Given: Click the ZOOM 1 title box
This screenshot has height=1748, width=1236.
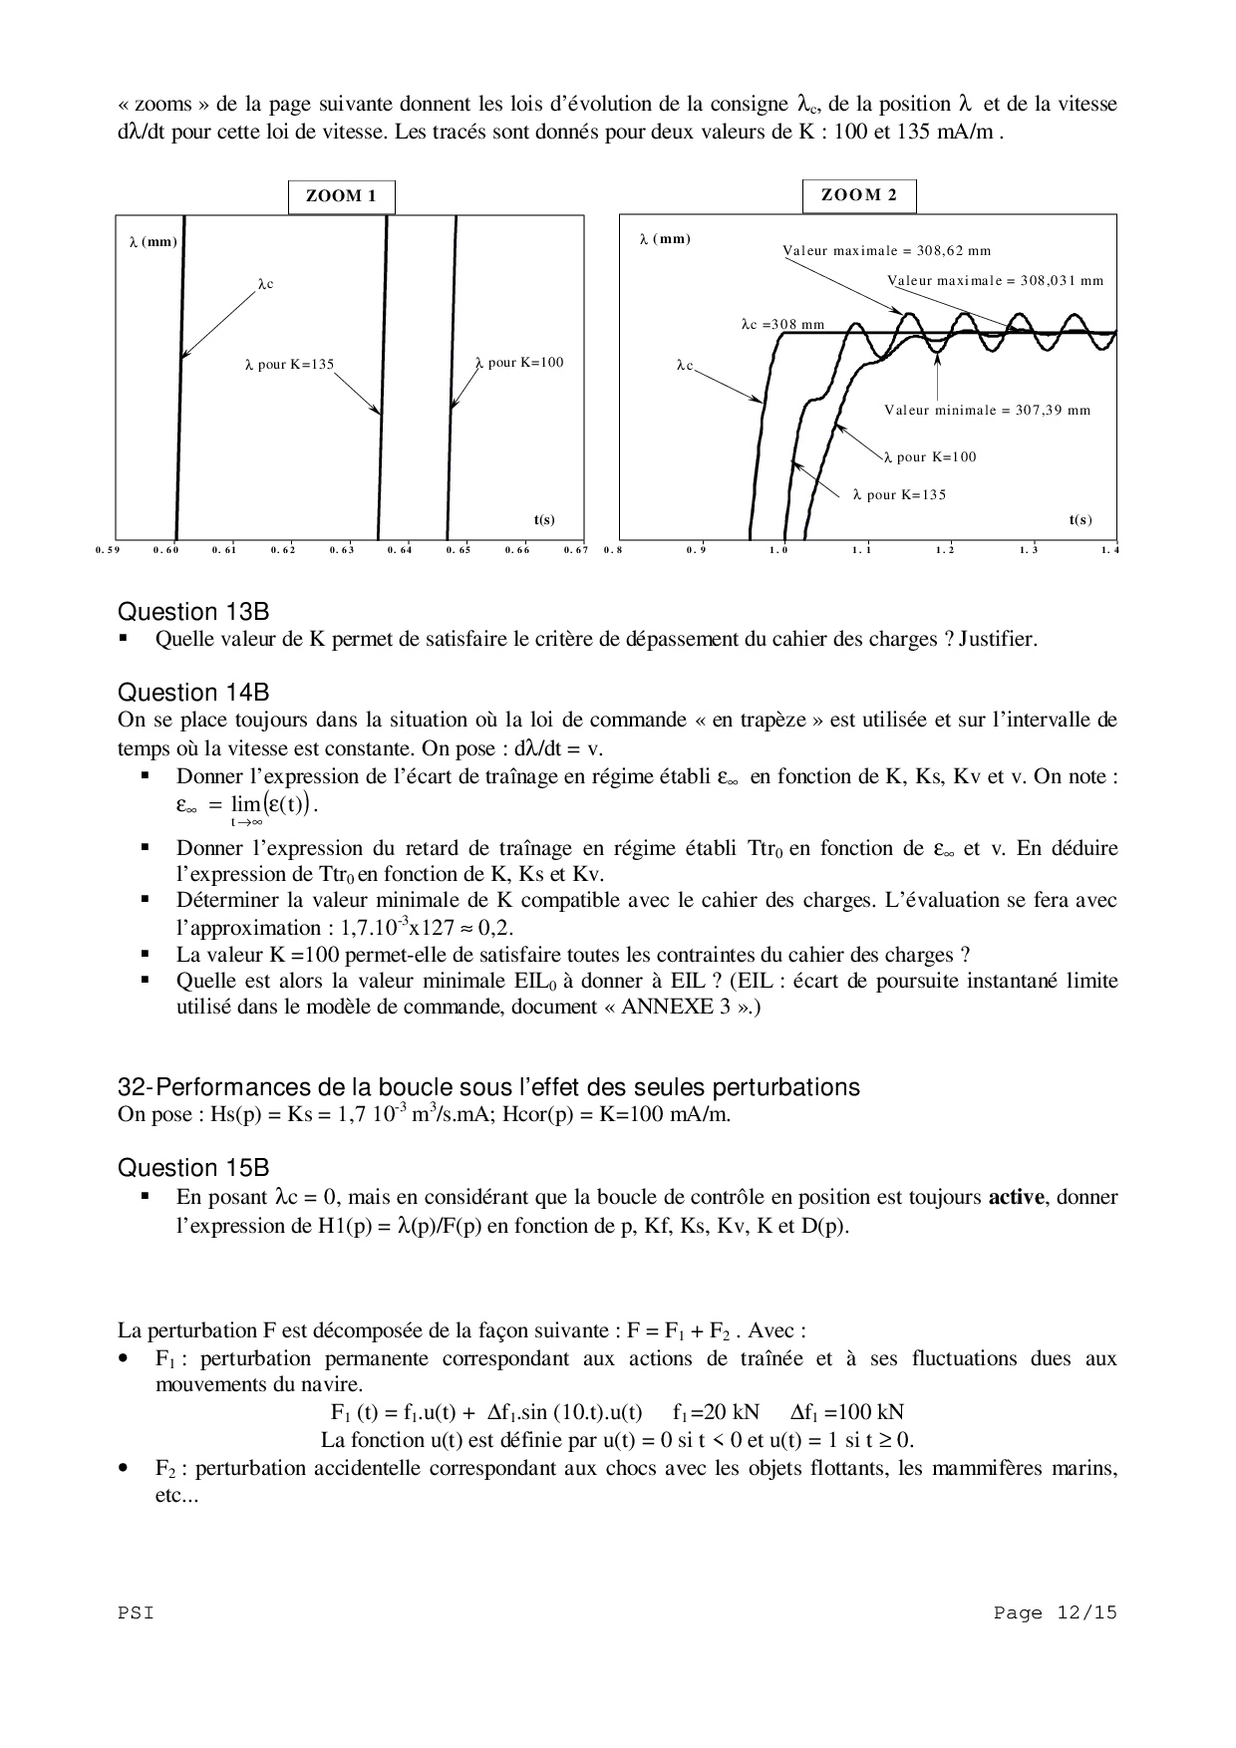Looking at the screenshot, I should [341, 196].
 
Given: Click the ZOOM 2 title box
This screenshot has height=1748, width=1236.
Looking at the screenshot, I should [858, 195].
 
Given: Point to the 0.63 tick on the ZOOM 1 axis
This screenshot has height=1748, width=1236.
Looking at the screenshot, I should [341, 549].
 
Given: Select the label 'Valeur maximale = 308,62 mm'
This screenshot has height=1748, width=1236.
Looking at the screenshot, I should [886, 250].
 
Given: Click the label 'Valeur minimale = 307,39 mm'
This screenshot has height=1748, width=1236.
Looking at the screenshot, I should [987, 410].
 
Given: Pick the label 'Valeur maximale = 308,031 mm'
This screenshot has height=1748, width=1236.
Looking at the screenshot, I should [995, 280].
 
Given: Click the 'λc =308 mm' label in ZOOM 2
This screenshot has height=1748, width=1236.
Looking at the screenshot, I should [782, 324].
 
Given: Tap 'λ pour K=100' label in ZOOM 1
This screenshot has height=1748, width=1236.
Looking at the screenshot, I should [519, 362].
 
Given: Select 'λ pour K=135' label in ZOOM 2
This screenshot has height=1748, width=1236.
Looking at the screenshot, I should [899, 494].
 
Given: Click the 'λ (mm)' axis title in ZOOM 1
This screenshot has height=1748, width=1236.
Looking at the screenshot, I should [153, 241].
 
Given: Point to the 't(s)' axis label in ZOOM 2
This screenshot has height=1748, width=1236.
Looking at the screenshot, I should [1080, 520].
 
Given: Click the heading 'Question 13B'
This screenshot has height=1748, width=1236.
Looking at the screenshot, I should [193, 612].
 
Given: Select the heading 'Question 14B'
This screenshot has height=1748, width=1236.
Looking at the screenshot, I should [193, 693].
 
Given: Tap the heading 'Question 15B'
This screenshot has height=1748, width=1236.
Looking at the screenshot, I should [193, 1168].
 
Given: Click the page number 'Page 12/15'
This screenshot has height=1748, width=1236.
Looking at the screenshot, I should [1055, 1613].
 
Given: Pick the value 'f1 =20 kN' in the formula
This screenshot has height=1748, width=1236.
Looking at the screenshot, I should [716, 1412].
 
